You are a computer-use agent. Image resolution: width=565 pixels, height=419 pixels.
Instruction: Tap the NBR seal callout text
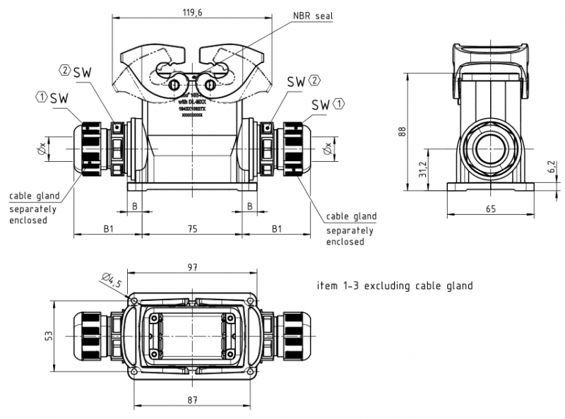pos(314,16)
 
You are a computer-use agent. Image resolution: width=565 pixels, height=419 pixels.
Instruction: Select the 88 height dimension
pos(404,131)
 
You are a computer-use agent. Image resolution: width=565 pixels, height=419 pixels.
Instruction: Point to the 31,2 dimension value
pos(422,170)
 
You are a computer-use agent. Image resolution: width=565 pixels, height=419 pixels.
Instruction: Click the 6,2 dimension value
pos(551,168)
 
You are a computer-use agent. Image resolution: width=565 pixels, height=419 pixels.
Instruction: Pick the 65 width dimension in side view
pos(491,209)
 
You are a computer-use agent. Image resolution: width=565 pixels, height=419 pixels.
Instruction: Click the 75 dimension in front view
pos(191,228)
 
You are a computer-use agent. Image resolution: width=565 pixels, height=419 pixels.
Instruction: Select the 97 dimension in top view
pos(192,267)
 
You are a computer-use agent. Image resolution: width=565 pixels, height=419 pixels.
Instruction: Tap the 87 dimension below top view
pos(191,400)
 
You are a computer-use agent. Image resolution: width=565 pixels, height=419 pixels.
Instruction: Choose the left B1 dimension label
pos(107,228)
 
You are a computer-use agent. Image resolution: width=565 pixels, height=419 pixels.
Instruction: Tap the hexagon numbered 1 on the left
pos(41,97)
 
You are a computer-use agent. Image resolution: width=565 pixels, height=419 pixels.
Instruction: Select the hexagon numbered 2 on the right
pos(314,80)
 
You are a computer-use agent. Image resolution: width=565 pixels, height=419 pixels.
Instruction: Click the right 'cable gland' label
pos(351,216)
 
